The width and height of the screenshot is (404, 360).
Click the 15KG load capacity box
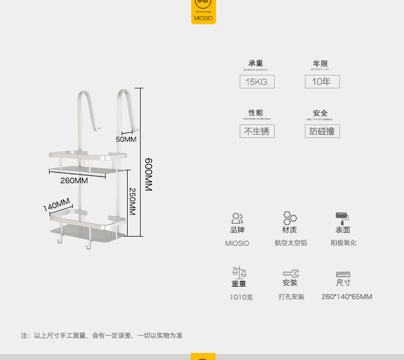(x=257, y=82)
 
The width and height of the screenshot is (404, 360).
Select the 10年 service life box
(x=322, y=82)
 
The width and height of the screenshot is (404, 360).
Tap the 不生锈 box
(x=257, y=131)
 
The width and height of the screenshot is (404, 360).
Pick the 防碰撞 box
(x=322, y=131)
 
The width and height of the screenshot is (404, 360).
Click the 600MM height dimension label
(x=149, y=174)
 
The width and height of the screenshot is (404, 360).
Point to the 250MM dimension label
(x=132, y=201)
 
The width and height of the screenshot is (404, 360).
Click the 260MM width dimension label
(x=74, y=181)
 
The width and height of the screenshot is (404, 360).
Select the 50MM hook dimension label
(x=127, y=139)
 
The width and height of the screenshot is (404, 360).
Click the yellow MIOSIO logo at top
(x=203, y=11)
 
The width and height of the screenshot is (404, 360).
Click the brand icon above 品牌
(x=237, y=218)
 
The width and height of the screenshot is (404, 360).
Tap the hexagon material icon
(x=290, y=218)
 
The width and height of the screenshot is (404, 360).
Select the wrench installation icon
(x=290, y=273)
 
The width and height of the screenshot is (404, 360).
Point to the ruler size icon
(x=343, y=274)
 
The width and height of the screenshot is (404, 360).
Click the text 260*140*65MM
(x=346, y=297)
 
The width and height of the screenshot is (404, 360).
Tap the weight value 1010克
(x=242, y=297)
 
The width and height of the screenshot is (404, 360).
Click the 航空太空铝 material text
(x=290, y=243)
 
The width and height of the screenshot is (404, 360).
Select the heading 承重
(x=256, y=64)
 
